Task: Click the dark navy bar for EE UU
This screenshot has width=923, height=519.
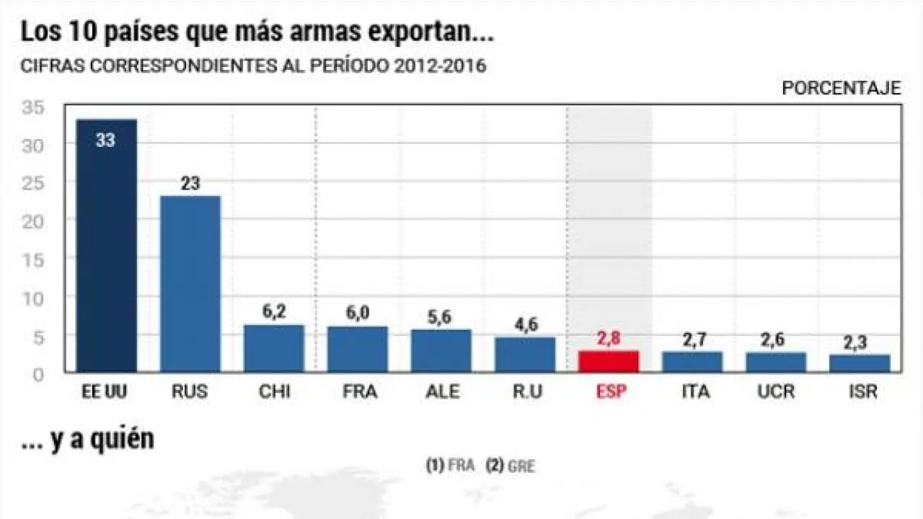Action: click(x=105, y=245)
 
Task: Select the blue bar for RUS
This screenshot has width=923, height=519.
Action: click(x=190, y=283)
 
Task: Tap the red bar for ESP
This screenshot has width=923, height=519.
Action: click(x=608, y=361)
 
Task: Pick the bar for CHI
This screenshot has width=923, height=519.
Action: click(x=273, y=348)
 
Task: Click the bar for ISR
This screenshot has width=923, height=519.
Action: click(x=859, y=363)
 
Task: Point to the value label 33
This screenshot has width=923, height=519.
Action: click(x=105, y=140)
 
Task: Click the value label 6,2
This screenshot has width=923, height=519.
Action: click(x=273, y=311)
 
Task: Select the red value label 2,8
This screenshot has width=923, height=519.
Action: click(x=608, y=338)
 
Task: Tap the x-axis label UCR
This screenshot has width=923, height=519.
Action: click(x=775, y=392)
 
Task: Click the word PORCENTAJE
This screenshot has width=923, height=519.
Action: click(x=842, y=88)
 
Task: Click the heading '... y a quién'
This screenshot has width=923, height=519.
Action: click(x=87, y=440)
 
